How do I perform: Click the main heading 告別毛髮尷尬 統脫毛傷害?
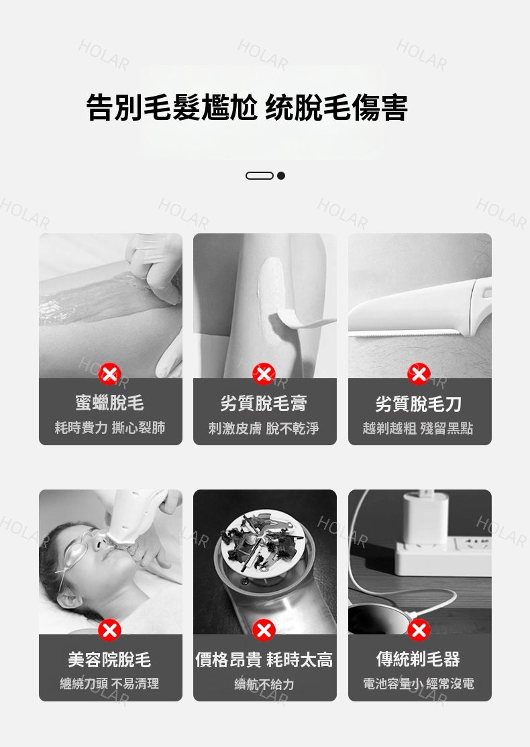click(247, 108)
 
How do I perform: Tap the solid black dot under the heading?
click(281, 176)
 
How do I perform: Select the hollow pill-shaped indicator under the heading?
click(259, 176)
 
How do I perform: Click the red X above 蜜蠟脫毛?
click(109, 374)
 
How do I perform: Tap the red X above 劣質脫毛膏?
click(264, 374)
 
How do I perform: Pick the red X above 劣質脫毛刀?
click(419, 374)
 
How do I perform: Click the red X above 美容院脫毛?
click(109, 630)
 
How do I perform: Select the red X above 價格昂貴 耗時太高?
click(264, 630)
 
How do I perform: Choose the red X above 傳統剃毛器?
click(419, 630)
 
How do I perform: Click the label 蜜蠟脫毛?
click(109, 403)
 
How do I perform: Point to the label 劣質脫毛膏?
click(264, 404)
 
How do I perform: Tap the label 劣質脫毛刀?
click(419, 404)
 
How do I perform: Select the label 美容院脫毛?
click(109, 660)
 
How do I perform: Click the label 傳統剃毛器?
click(419, 659)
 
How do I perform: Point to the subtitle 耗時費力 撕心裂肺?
click(110, 427)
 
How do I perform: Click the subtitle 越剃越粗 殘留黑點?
click(418, 428)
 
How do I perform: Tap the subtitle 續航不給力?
click(264, 684)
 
